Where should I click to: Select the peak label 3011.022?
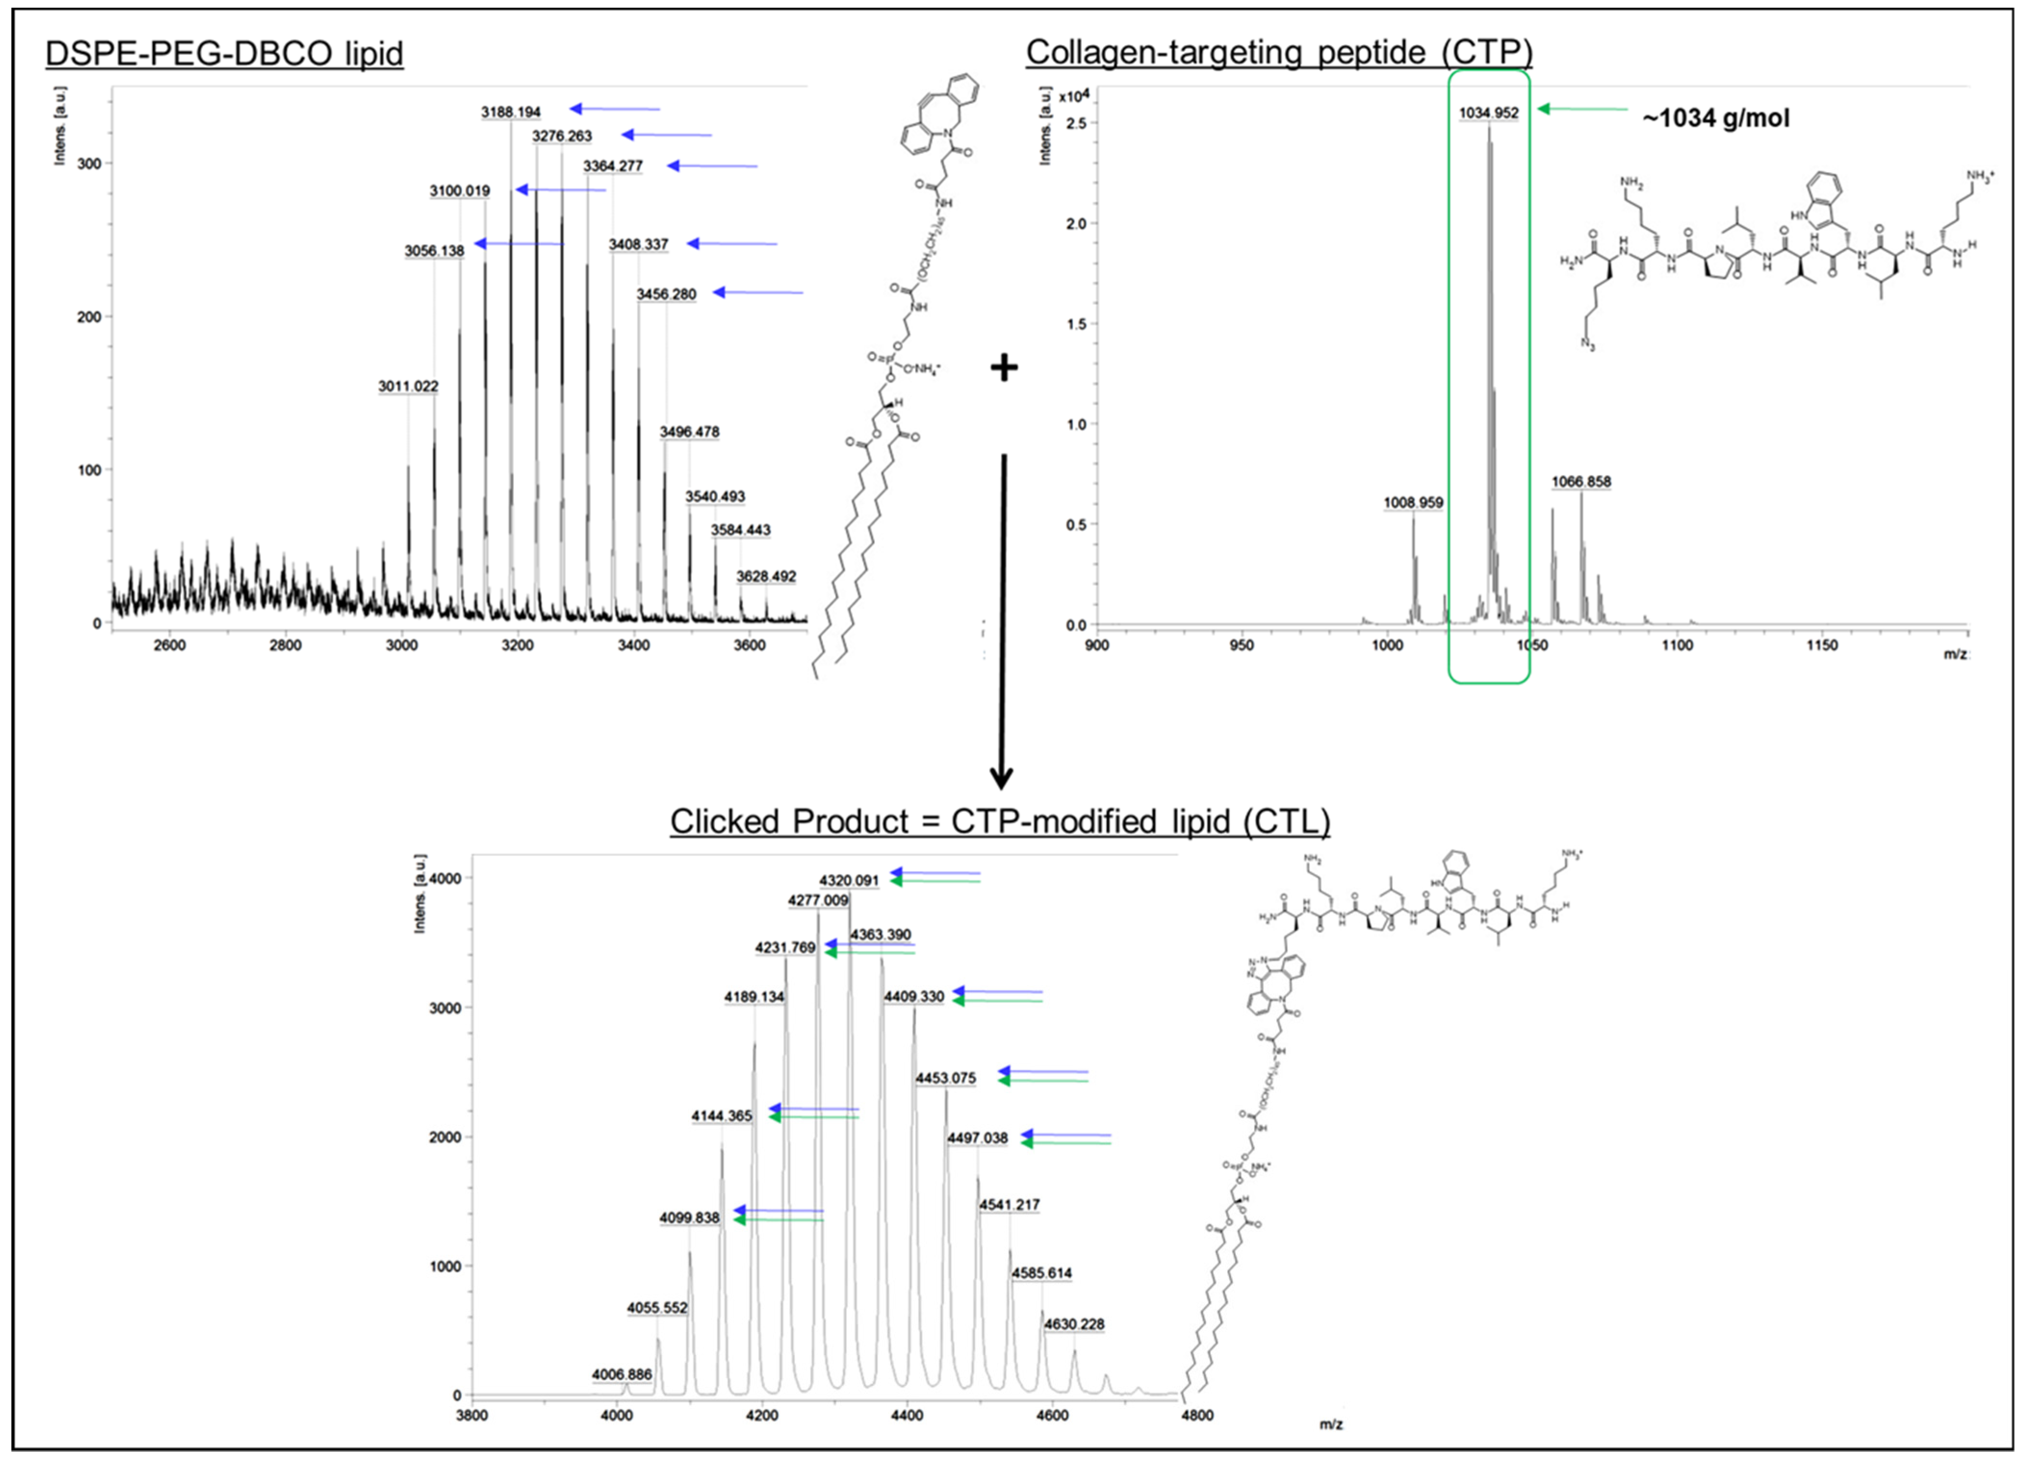(408, 386)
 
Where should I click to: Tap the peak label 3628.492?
(766, 576)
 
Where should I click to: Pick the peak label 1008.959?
(1413, 502)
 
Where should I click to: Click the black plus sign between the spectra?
(1004, 367)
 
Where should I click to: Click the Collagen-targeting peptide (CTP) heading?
(1279, 52)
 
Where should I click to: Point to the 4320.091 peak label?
(849, 881)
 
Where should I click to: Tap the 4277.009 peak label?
(818, 901)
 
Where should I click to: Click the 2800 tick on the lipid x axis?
(285, 645)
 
